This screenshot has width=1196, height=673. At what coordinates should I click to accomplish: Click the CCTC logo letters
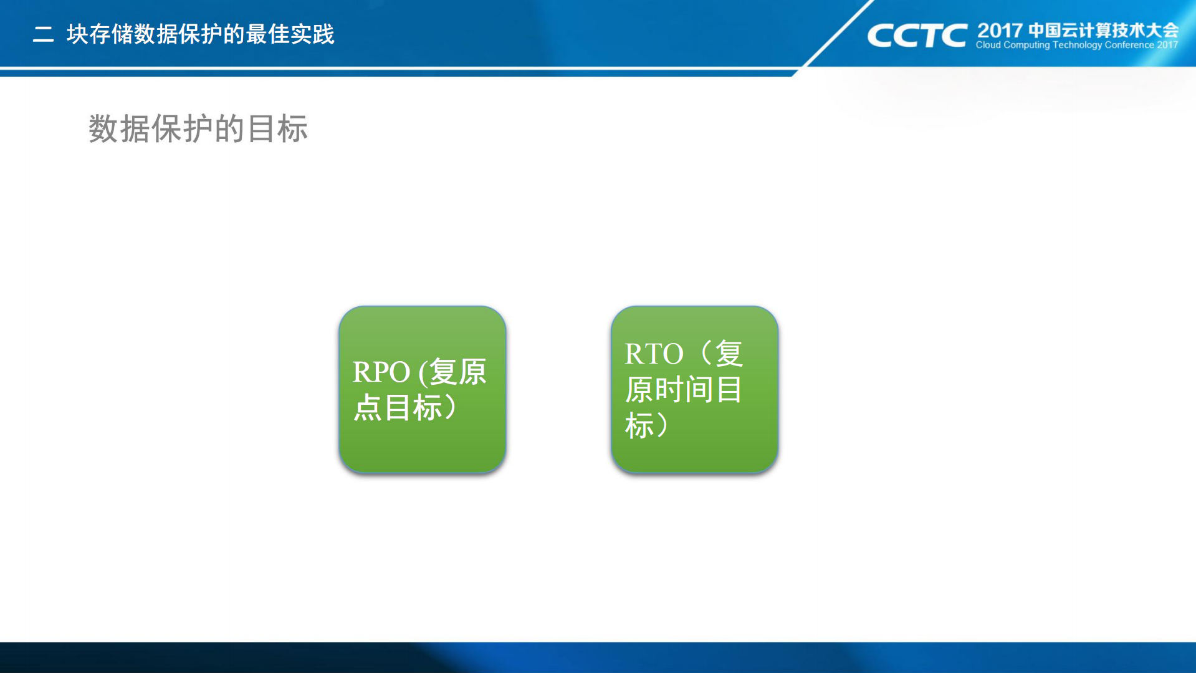tap(917, 36)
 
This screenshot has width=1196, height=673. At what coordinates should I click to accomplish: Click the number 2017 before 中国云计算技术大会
tap(1000, 31)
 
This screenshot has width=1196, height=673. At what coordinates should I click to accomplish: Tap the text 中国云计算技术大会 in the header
tap(1103, 30)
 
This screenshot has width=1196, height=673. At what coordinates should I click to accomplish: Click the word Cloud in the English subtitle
tap(988, 45)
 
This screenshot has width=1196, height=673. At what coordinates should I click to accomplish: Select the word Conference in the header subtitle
tap(1129, 45)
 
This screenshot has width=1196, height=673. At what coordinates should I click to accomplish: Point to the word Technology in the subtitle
tap(1077, 45)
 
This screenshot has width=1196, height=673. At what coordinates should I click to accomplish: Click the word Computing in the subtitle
tap(1026, 45)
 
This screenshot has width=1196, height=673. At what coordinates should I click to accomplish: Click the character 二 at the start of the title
tap(43, 34)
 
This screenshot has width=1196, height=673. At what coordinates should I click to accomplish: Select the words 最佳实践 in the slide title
tap(290, 34)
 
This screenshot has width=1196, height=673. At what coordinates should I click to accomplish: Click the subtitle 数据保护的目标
tap(198, 129)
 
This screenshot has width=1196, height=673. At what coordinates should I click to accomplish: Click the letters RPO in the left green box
tap(381, 372)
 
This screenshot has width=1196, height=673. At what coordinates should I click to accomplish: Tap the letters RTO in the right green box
tap(654, 354)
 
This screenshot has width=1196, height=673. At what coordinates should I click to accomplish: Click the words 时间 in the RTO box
tap(684, 390)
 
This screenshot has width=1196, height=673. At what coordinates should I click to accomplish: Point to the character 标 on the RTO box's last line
tap(639, 426)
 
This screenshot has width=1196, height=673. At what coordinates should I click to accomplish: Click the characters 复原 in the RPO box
tap(458, 372)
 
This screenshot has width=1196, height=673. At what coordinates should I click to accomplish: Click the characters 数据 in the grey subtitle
tap(119, 129)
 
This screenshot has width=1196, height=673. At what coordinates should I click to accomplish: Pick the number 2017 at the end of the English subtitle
tap(1167, 45)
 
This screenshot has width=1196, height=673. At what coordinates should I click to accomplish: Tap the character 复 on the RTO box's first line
tap(729, 354)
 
